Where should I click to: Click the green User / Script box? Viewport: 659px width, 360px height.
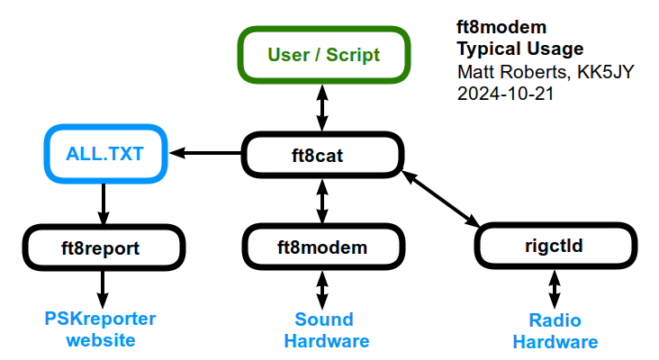323,55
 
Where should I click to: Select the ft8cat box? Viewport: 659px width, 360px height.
322,155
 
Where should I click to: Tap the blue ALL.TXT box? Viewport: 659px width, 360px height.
105,154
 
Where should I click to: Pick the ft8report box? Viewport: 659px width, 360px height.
104,247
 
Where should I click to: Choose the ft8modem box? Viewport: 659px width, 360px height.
323,247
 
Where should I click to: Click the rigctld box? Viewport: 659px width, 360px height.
555,246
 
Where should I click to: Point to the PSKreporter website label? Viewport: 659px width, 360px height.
101,329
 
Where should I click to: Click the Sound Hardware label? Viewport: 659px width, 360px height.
327,330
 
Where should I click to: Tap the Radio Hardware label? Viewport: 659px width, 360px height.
555,331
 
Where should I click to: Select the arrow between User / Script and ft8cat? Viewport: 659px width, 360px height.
322,108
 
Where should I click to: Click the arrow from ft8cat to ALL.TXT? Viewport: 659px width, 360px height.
205,153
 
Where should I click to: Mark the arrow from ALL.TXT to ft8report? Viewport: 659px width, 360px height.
104,203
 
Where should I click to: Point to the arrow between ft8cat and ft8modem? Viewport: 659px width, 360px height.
322,201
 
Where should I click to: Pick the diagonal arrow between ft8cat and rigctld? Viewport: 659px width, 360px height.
441,199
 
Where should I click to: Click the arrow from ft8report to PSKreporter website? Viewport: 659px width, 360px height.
103,290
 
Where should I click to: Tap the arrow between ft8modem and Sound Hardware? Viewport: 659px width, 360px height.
322,290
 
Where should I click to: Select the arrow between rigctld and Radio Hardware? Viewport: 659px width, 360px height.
555,290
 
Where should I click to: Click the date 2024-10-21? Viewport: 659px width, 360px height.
505,94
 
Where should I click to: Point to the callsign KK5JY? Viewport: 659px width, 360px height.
605,72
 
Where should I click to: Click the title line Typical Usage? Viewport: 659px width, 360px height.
520,49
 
